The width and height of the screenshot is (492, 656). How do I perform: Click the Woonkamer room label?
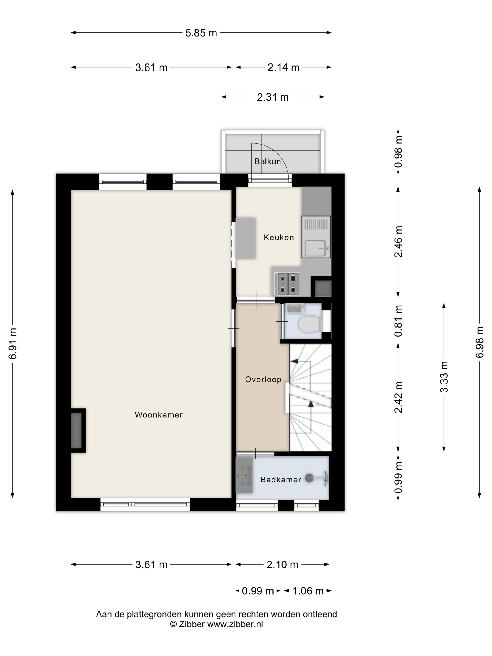point(159,415)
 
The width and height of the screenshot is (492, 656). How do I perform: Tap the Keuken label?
point(279,237)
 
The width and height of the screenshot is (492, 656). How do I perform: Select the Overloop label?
point(263,379)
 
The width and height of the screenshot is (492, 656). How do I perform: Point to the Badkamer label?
point(280,480)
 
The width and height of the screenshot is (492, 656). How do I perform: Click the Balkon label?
point(268,161)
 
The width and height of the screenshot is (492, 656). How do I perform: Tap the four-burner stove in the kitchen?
point(287,284)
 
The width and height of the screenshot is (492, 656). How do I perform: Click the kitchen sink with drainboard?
point(316,237)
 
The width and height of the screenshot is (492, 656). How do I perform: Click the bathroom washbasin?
point(244,475)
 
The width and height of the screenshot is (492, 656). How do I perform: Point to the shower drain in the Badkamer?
point(309,477)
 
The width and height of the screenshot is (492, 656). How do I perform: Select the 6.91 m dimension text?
point(13,344)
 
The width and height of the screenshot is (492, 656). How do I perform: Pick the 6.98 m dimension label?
point(480,342)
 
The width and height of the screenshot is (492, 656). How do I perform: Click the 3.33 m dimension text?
point(444,377)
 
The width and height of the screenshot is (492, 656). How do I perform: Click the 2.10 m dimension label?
point(282,565)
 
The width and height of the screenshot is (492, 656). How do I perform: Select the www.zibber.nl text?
point(235,625)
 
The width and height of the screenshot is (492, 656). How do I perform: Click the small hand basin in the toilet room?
point(295,308)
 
